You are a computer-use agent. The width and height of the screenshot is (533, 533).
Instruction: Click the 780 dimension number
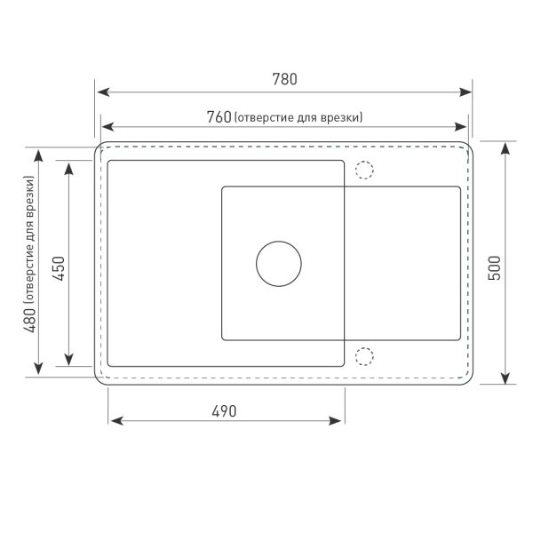(x=284, y=79)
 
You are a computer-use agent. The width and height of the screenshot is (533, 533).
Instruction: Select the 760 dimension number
(x=219, y=117)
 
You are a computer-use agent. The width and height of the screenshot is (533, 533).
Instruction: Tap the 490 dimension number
(x=224, y=411)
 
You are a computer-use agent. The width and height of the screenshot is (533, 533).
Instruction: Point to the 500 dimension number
(x=495, y=268)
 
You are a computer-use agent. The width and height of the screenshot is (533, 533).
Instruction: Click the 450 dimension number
(x=59, y=268)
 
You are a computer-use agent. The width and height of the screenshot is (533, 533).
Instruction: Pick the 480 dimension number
(x=29, y=320)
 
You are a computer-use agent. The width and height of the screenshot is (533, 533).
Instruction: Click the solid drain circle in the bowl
(x=279, y=264)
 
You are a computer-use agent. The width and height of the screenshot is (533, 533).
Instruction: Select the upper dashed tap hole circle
(x=364, y=170)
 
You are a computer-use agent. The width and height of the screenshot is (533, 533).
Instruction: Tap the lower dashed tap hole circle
(x=364, y=356)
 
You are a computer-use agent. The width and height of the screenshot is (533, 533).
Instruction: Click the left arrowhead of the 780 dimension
(x=103, y=91)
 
